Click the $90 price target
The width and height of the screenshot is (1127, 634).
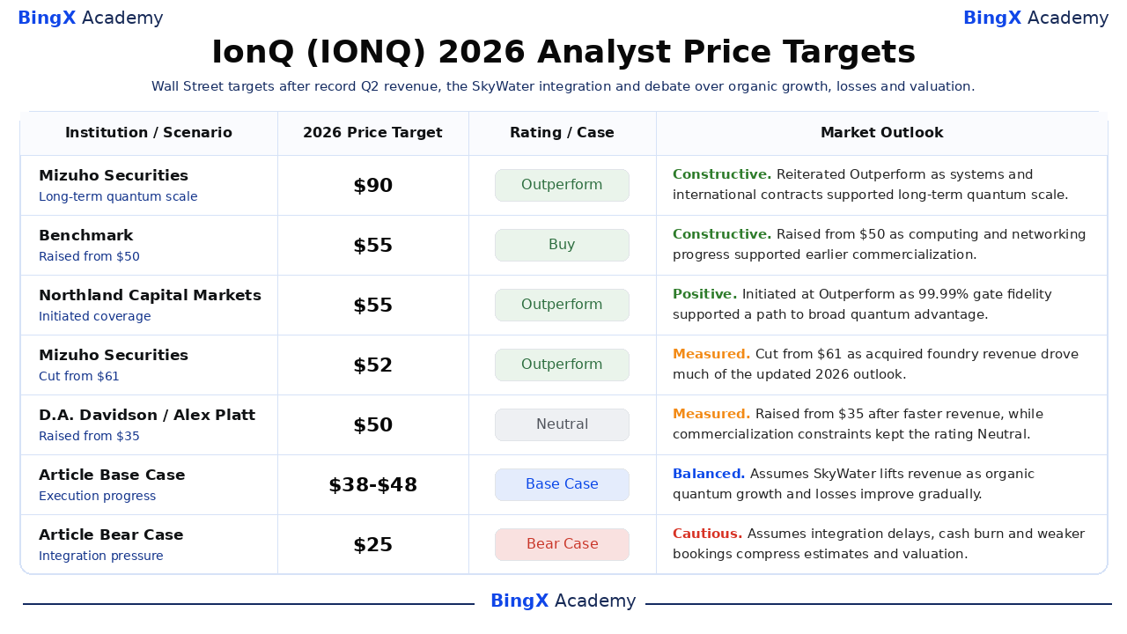[x=372, y=186]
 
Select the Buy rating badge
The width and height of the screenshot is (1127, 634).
[x=562, y=245]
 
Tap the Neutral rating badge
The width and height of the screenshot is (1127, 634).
[x=562, y=424]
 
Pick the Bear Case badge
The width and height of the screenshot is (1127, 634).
[x=562, y=544]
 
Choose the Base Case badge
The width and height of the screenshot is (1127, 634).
[x=562, y=484]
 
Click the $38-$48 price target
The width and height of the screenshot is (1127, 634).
[x=372, y=485]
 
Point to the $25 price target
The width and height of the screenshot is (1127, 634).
[x=372, y=545]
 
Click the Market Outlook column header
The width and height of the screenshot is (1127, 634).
[x=882, y=133]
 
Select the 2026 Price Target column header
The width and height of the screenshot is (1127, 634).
[x=372, y=133]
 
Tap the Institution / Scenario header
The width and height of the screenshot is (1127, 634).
[x=149, y=133]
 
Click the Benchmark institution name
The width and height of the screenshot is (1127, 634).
[x=86, y=235]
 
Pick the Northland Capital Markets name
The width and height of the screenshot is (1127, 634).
[x=150, y=295]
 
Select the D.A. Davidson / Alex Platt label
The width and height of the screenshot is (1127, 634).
[x=147, y=415]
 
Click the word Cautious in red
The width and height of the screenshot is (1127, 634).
[x=707, y=534]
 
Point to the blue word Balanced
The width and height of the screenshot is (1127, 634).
[x=709, y=474]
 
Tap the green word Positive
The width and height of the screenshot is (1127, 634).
[x=705, y=294]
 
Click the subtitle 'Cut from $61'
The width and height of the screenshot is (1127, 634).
[x=79, y=376]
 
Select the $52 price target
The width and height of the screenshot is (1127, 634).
[x=372, y=365]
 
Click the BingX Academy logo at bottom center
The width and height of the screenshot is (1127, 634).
[x=563, y=601]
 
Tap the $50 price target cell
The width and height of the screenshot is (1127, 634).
[x=372, y=425]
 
